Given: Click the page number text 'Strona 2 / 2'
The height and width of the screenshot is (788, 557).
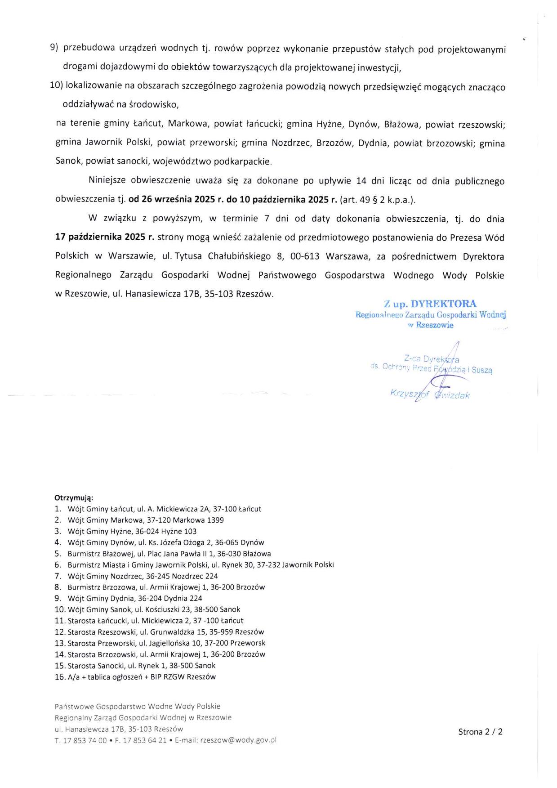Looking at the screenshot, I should [480, 732].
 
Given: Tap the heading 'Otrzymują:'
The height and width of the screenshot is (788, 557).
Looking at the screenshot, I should [74, 498].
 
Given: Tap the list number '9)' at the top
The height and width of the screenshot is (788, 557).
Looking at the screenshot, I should [54, 48].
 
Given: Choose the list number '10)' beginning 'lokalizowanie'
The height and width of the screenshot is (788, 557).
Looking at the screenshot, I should [56, 85].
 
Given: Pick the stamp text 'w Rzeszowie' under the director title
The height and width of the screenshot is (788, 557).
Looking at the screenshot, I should [430, 325].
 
